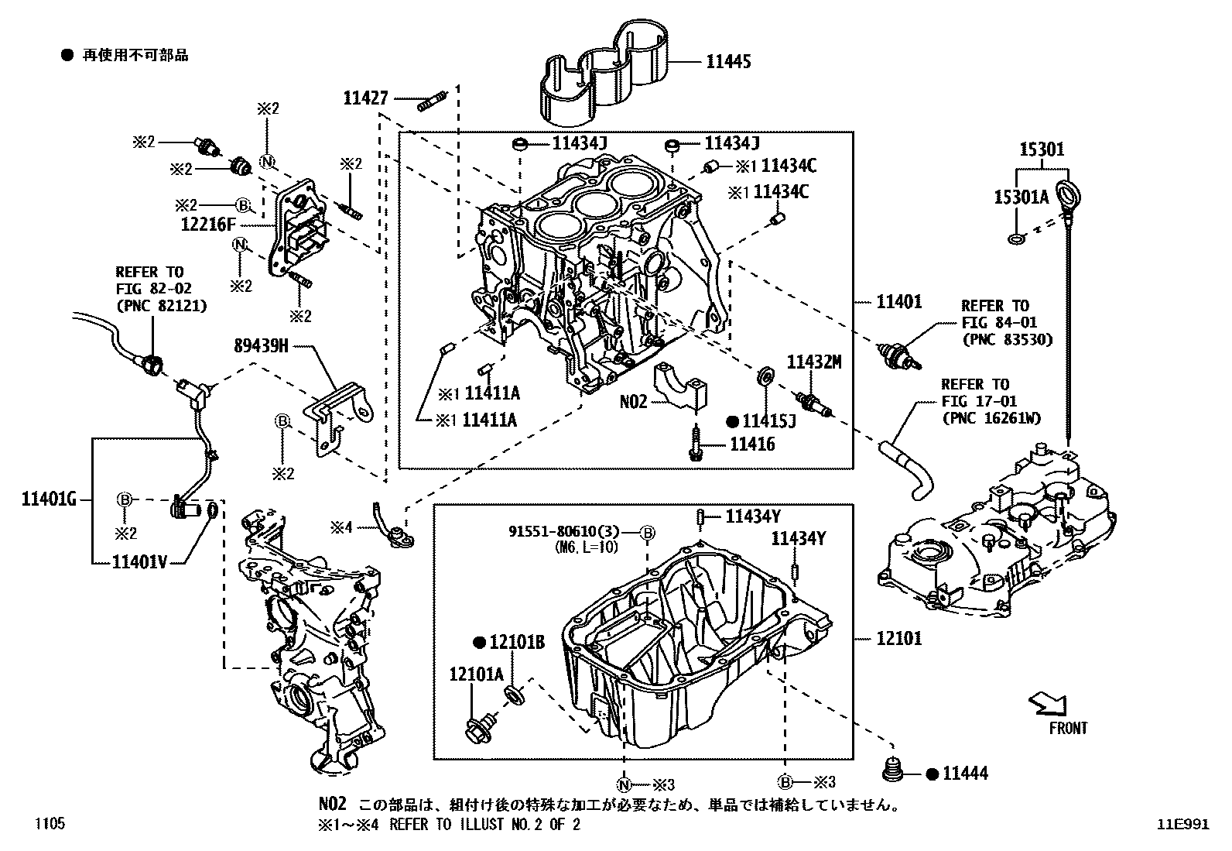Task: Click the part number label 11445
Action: pos(727,61)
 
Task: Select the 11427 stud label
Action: pos(367,98)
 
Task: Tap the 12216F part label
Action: pos(207,225)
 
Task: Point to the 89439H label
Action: pos(261,346)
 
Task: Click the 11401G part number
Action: pos(48,499)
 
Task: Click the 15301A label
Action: pos(1021,197)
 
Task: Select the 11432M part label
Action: pos(813,362)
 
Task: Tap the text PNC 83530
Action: pos(1007,339)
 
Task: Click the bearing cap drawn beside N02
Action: pos(683,385)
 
